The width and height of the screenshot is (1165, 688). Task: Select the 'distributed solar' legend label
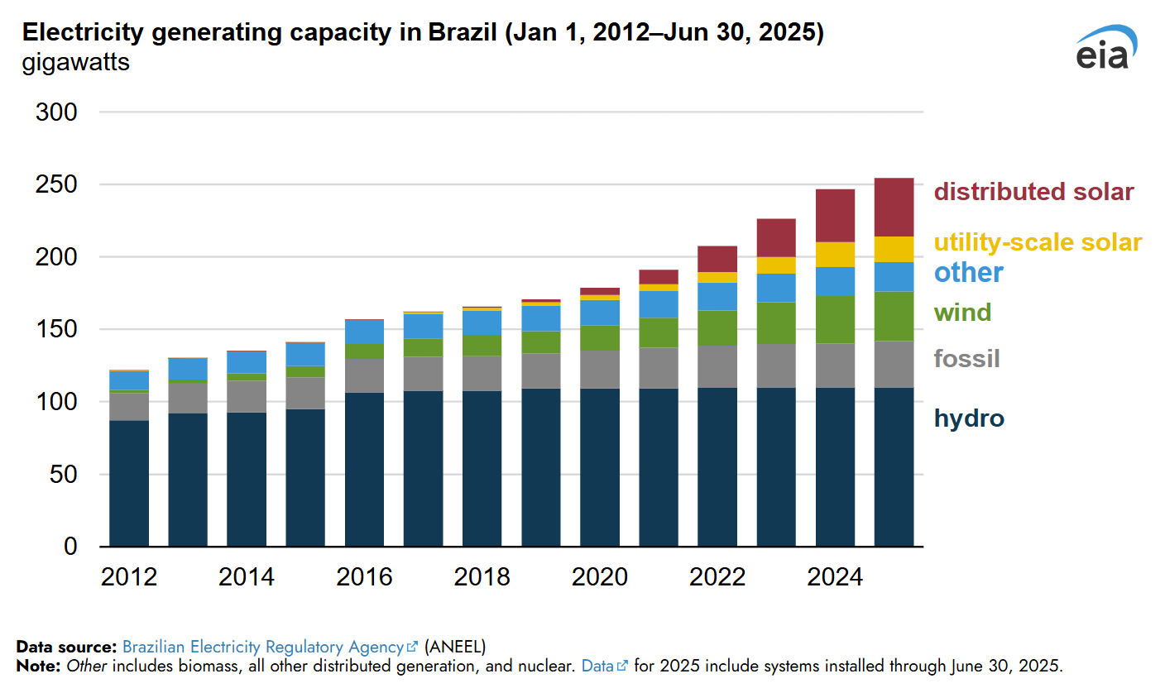pos(1033,192)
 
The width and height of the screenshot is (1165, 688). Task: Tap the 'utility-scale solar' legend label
pos(1038,242)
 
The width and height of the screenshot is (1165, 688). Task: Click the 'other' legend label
pos(968,272)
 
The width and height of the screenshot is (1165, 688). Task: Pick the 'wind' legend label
pos(962,313)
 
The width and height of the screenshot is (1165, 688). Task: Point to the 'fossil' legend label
pos(966,359)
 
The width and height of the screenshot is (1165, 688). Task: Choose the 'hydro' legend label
pos(969,418)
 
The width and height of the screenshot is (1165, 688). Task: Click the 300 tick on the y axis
pos(57,112)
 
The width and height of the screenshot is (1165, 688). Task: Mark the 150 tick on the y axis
pos(57,330)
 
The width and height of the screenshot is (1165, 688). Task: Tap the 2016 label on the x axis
pos(364,576)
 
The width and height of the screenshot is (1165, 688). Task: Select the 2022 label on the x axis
pos(717,576)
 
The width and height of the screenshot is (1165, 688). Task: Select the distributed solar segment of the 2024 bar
pos(835,216)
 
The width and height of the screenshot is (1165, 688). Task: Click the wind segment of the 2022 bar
pos(717,327)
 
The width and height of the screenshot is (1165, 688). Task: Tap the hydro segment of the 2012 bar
pos(129,484)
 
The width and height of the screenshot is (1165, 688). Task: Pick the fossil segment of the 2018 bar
pos(482,373)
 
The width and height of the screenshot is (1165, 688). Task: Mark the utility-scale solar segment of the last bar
pos(894,249)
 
